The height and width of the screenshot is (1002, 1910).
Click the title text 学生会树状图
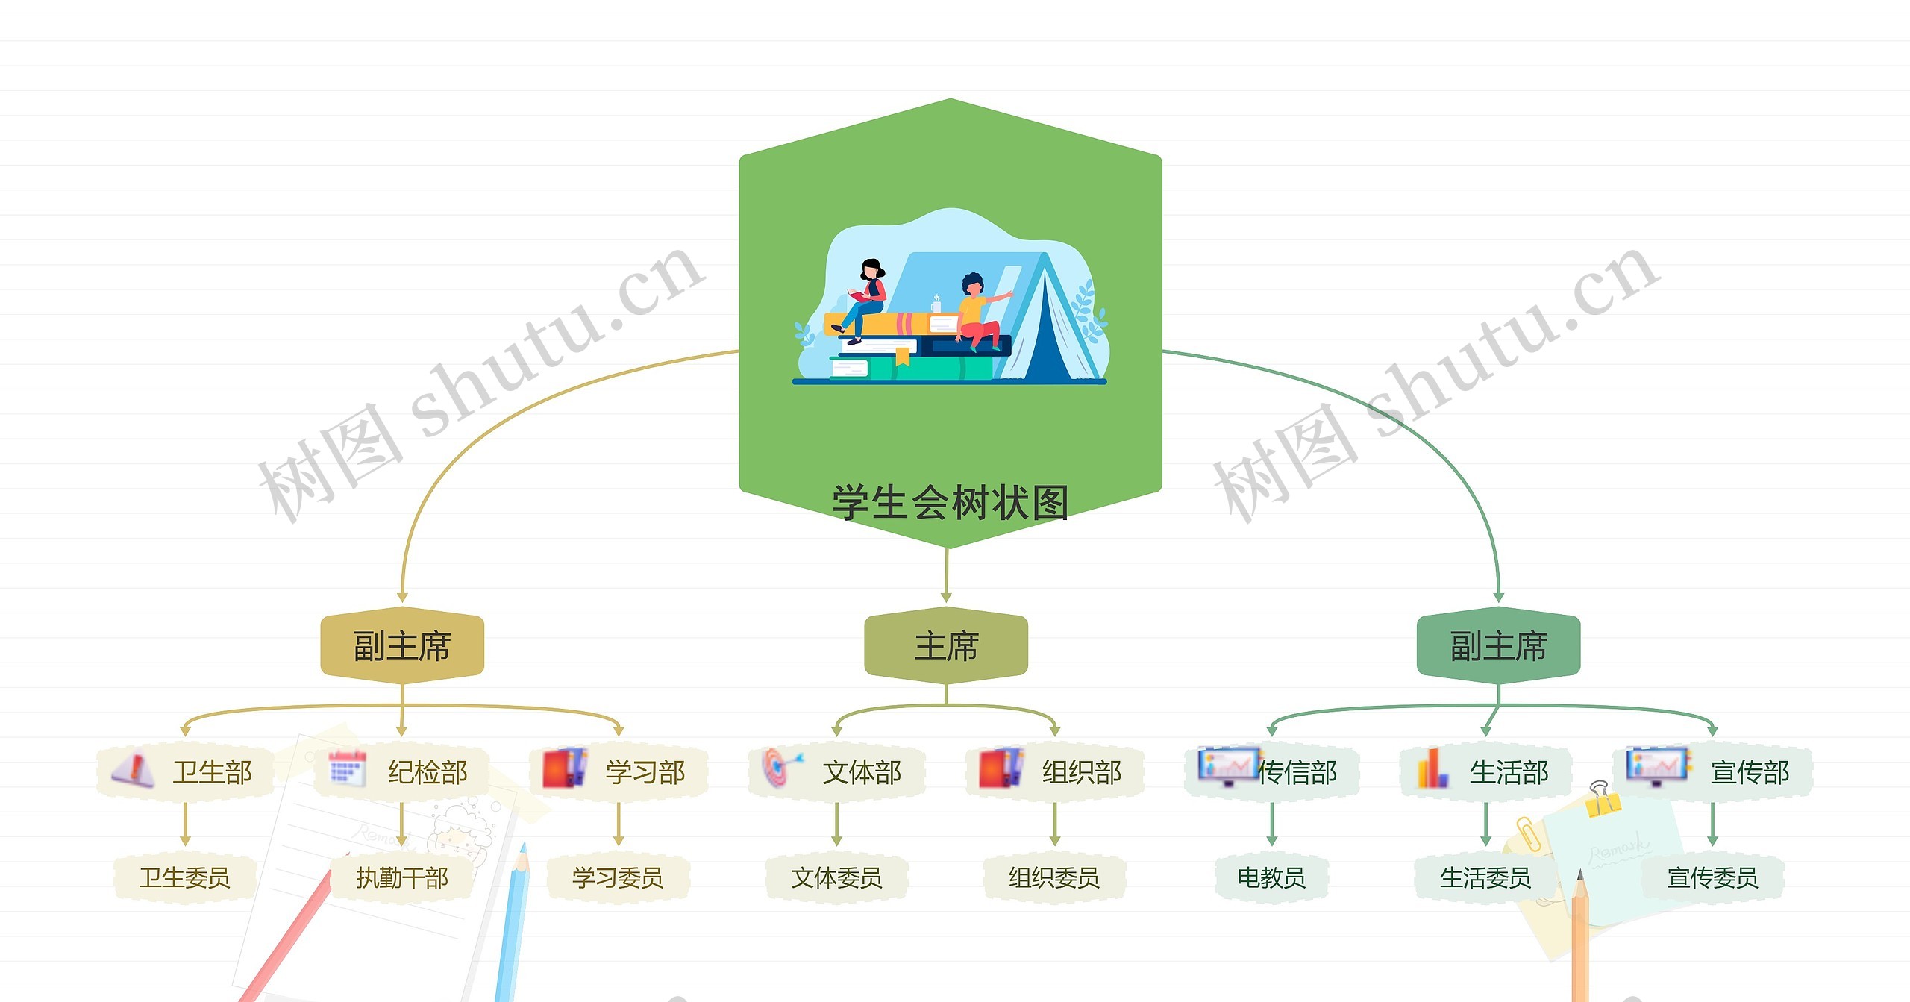(950, 502)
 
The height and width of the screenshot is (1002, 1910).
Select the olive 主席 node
(946, 645)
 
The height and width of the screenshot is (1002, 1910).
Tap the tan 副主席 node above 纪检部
(402, 645)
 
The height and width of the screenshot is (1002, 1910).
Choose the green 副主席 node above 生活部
(1498, 645)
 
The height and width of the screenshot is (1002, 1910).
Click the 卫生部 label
(213, 772)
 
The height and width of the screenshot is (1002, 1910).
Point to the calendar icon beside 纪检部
(348, 768)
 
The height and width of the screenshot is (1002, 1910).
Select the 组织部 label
(1082, 772)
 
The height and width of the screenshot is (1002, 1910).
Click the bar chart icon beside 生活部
(1432, 768)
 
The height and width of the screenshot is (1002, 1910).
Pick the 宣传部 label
(1750, 772)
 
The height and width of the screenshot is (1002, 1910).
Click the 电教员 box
(1271, 877)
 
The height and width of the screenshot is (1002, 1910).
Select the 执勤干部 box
(402, 877)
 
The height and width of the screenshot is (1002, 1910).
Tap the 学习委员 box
(618, 877)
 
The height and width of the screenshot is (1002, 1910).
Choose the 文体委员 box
(836, 877)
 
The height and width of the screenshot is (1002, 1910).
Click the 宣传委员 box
(1712, 877)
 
